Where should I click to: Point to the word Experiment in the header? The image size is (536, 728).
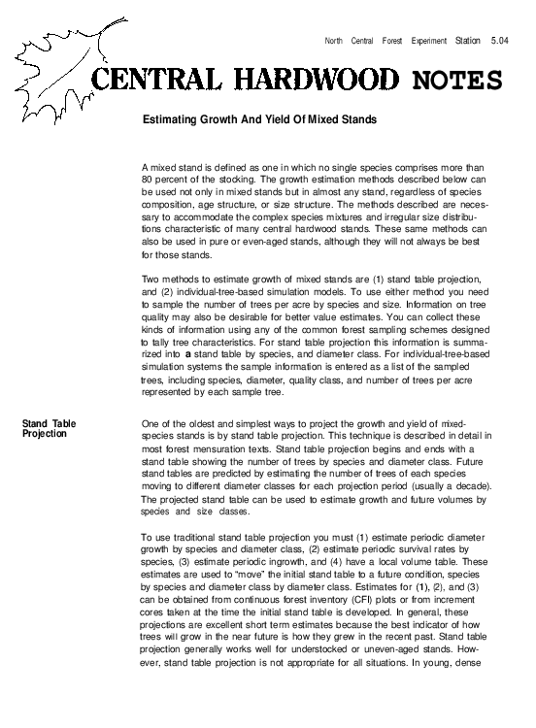pyautogui.click(x=423, y=41)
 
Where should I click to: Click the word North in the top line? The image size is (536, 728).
pyautogui.click(x=334, y=41)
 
